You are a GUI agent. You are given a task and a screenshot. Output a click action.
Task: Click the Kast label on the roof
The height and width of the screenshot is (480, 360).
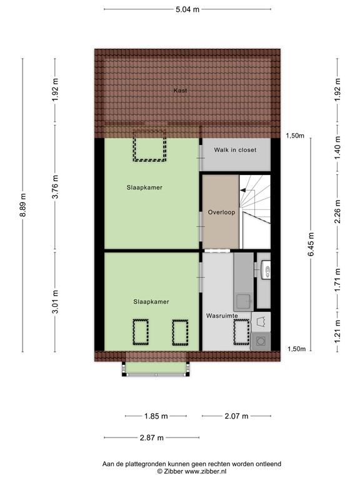click(181, 91)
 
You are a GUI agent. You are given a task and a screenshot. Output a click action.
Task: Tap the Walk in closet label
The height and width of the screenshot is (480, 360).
click(235, 150)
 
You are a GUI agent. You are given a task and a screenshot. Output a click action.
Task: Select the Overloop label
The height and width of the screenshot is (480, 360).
click(221, 212)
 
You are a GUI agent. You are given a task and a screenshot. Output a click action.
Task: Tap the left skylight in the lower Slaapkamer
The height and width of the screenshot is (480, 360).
click(140, 331)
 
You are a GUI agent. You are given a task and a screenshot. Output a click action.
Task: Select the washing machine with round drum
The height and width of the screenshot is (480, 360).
click(261, 341)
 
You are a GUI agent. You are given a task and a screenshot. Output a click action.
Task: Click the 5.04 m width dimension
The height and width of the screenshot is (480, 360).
click(187, 9)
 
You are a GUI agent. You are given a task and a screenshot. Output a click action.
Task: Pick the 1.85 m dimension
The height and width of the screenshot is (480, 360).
click(155, 416)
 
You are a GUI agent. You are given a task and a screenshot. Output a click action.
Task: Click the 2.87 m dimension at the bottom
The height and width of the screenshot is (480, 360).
click(151, 437)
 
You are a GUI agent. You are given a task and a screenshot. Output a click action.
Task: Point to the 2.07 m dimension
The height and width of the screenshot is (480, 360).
click(236, 416)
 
